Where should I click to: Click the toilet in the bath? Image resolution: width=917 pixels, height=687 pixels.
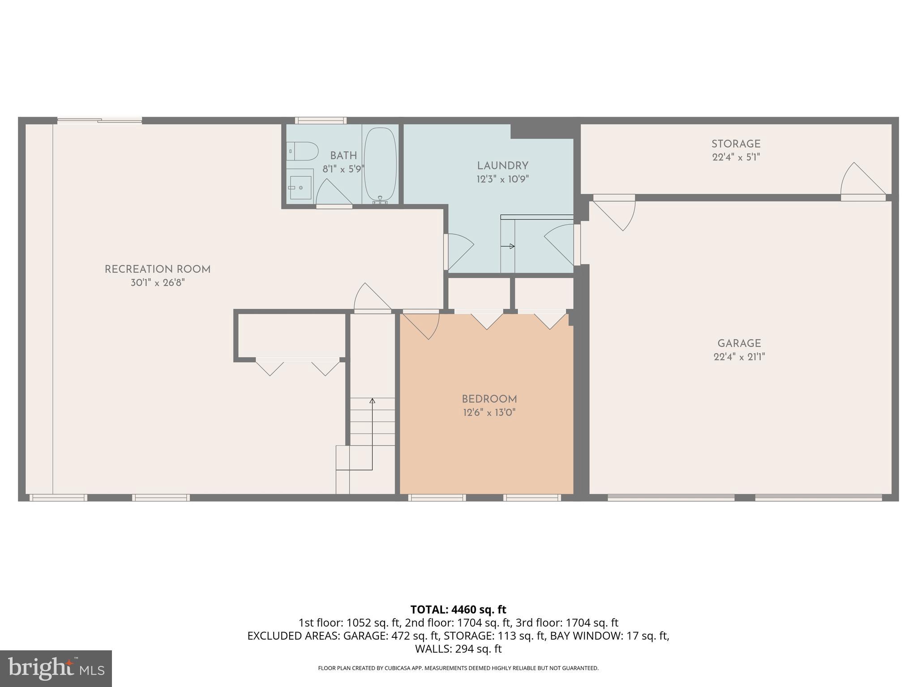pos(303,151)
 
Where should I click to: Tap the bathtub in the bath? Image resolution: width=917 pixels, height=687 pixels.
pos(380,165)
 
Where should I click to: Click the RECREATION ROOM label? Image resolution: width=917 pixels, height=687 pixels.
pos(158,269)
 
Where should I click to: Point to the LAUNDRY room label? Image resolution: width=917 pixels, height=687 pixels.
pos(502,166)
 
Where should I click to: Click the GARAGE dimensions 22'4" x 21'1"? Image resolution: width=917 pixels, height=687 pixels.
pos(739,357)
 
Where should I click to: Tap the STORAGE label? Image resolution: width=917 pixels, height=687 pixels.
pos(736,144)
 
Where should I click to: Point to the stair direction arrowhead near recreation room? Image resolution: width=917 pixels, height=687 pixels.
pos(372,401)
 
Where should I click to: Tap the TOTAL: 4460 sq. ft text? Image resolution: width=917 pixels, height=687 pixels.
pos(458,609)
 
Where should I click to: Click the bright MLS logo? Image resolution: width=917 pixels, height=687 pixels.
pos(56,668)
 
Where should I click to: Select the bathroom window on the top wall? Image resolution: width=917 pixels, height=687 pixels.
pos(321,120)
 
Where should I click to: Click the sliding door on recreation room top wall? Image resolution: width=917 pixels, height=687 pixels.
pos(100,120)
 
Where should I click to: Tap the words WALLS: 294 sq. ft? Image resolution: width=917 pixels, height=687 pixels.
pos(458,649)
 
